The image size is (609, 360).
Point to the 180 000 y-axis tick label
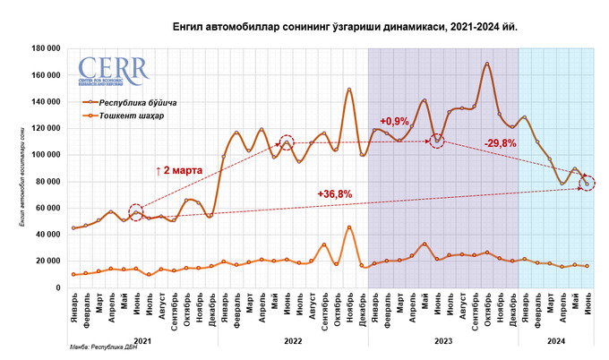(x=46, y=48)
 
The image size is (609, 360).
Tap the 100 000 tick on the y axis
(x=46, y=155)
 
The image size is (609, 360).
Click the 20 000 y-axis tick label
(x=47, y=261)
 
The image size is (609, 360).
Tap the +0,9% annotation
(x=393, y=120)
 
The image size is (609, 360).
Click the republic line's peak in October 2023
(x=487, y=64)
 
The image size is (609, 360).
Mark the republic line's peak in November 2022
(x=349, y=90)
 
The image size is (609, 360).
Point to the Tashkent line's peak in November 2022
(x=349, y=227)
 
